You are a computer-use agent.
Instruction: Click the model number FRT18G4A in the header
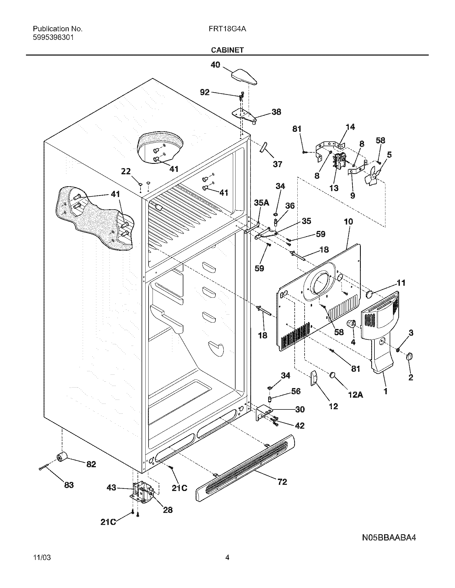(x=227, y=29)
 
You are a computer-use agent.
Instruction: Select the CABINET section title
(x=227, y=50)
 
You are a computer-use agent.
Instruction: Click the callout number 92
(x=204, y=92)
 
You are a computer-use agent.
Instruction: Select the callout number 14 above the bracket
(x=350, y=127)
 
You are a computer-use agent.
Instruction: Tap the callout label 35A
(x=261, y=203)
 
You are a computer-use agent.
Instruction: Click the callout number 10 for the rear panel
(x=348, y=222)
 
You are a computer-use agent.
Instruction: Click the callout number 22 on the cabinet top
(x=126, y=171)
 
